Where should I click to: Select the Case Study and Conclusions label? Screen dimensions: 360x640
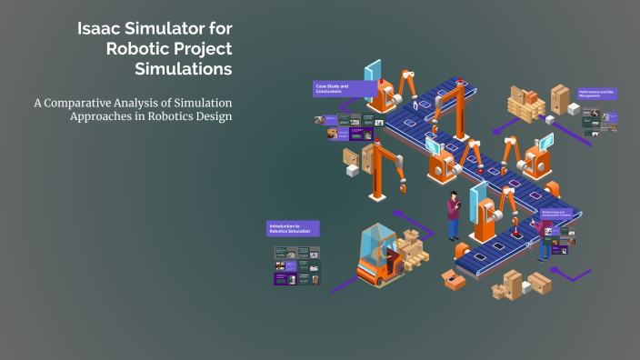[x=342, y=89]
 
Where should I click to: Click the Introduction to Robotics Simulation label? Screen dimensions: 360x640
[x=293, y=228]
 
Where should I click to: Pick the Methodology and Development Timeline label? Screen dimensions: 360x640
[x=562, y=215]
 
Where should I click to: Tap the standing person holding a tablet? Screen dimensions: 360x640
[x=454, y=217]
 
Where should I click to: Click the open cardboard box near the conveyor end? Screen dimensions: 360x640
[x=454, y=279]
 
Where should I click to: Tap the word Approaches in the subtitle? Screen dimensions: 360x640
[x=105, y=117]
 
